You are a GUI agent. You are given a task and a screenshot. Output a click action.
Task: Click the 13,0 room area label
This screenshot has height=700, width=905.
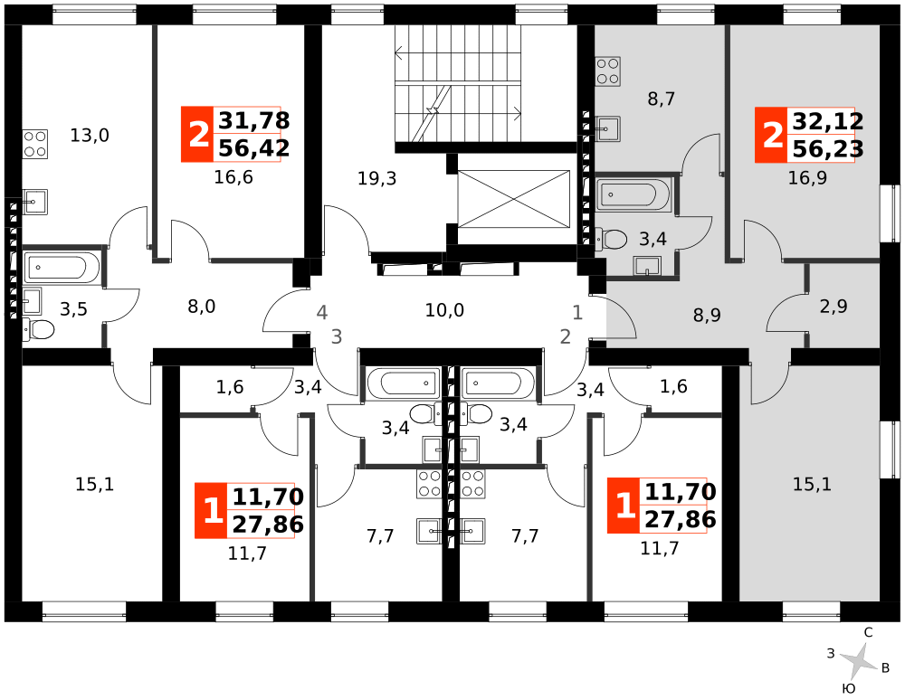tap(90, 136)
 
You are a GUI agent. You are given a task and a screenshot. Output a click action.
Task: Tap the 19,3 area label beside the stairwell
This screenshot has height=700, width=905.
tap(376, 179)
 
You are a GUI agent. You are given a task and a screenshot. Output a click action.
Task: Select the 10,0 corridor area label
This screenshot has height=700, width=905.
tap(444, 310)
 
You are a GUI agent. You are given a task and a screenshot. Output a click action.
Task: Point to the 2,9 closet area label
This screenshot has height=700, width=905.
tap(834, 307)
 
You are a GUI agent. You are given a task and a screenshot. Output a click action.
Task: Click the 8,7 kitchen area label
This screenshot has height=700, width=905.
tap(661, 99)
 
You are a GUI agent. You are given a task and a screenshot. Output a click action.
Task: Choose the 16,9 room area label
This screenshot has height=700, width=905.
tap(807, 178)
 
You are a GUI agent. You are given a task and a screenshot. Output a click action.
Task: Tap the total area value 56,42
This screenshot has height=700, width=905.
tap(254, 148)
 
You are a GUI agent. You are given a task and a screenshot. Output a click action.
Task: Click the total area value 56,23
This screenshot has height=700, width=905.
tap(828, 148)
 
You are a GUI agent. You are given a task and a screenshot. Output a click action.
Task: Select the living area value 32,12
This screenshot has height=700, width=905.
tap(828, 121)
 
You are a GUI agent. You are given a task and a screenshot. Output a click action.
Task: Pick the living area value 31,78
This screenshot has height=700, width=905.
tap(254, 120)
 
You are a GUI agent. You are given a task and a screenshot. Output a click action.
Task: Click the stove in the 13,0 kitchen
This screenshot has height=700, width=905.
tap(35, 144)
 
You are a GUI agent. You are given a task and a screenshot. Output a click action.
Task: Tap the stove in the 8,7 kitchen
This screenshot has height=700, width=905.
tap(608, 71)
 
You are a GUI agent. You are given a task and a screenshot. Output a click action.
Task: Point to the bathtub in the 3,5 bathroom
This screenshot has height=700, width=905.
tap(62, 268)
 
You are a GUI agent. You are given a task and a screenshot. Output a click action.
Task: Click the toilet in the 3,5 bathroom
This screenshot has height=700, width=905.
tap(39, 330)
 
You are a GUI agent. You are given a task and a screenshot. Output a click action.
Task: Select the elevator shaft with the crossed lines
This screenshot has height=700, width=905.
tap(514, 199)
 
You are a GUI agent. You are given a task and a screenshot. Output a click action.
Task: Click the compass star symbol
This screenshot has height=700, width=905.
tap(858, 661)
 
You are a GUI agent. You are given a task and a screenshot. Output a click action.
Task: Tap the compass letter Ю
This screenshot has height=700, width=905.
tap(849, 688)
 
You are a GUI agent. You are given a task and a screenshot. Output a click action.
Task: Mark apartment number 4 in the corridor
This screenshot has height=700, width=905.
tap(322, 313)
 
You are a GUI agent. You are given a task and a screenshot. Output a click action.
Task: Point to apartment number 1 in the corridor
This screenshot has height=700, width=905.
tap(577, 313)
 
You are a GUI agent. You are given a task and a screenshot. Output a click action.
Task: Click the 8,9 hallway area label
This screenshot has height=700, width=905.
tap(707, 316)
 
